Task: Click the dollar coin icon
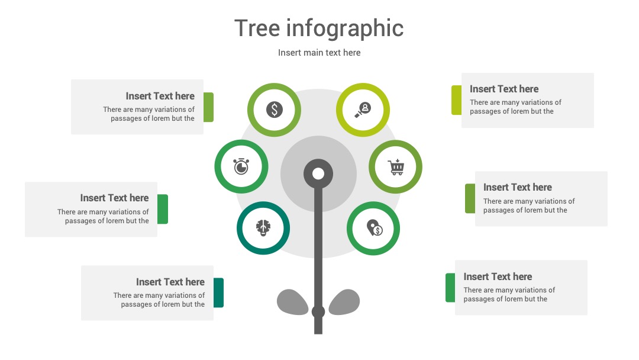(x=275, y=110)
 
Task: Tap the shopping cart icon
(x=396, y=167)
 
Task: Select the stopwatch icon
(x=241, y=166)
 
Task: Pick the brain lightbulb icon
(x=263, y=227)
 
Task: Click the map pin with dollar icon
(x=374, y=228)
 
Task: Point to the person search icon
(x=363, y=110)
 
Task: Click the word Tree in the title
(x=257, y=28)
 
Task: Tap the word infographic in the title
(x=345, y=29)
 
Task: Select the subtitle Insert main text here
(x=319, y=53)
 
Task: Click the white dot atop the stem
(x=318, y=173)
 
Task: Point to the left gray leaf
(x=292, y=302)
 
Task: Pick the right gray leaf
(x=344, y=302)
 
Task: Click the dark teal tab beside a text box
(x=218, y=292)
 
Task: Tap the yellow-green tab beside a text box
(x=456, y=100)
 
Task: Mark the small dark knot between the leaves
(x=318, y=312)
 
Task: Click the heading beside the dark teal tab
(x=170, y=282)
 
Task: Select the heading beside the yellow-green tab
(x=504, y=89)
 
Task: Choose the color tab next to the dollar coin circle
(x=209, y=107)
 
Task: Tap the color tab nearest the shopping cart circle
(x=470, y=198)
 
